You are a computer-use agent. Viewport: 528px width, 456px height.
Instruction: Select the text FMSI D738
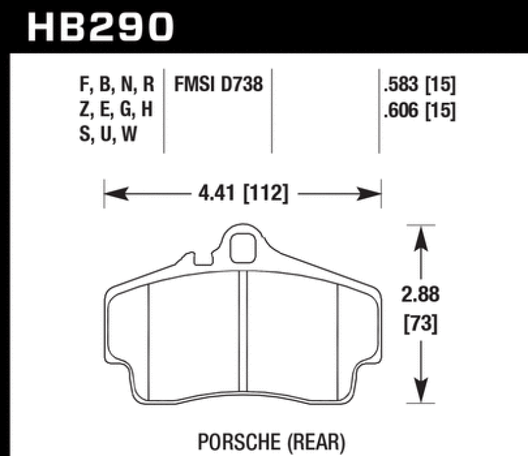point(218,84)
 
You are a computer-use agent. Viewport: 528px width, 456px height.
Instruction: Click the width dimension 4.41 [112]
point(242,195)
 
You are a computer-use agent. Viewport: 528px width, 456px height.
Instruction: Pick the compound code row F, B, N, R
point(115,84)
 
